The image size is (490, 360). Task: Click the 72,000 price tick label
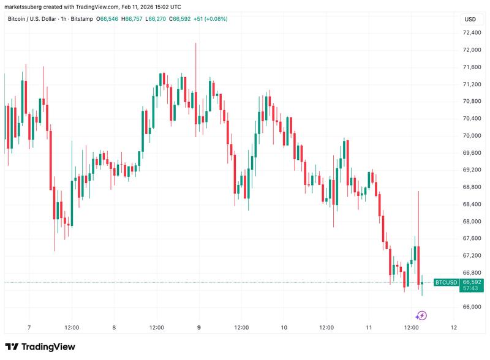tap(471, 50)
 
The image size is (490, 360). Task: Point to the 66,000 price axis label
tap(471, 307)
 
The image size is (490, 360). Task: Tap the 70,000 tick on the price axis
tap(471, 135)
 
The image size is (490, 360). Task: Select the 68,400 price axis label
tap(471, 204)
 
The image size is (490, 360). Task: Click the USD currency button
tap(470, 19)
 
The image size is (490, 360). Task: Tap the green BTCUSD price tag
tap(445, 282)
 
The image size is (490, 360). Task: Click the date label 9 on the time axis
tap(199, 328)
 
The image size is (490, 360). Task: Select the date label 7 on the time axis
tap(29, 328)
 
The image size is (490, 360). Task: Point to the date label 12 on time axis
tap(453, 328)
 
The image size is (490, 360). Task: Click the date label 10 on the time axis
tap(284, 328)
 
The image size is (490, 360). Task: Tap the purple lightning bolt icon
tap(421, 316)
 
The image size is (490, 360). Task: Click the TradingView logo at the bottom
tap(40, 347)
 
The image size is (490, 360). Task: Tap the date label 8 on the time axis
tap(114, 328)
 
